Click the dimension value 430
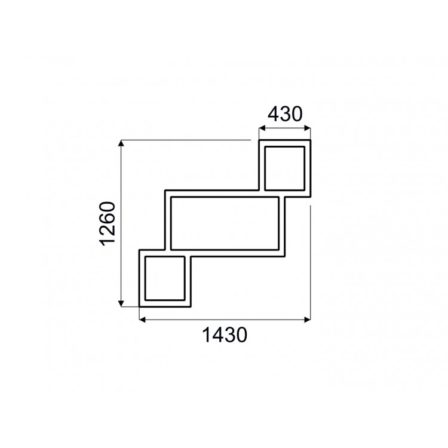click(x=284, y=113)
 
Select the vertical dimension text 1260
click(x=108, y=224)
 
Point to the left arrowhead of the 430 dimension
click(x=261, y=127)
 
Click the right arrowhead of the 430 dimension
click(x=308, y=127)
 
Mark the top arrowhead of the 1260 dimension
click(x=122, y=144)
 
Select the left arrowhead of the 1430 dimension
click(x=142, y=320)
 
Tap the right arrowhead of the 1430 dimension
click(x=308, y=320)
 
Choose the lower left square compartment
click(x=164, y=278)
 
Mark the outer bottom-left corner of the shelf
click(x=139, y=306)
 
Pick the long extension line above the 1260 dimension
click(x=185, y=140)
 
